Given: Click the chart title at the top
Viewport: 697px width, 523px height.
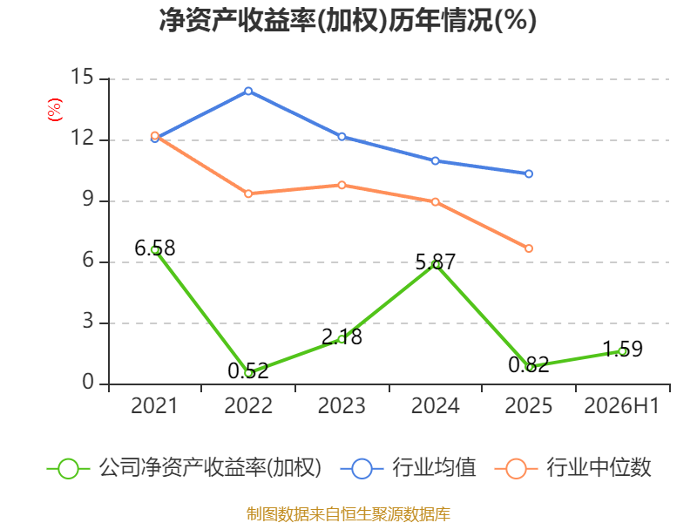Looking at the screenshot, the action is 348,20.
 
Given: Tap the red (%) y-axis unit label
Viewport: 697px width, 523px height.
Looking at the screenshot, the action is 55,110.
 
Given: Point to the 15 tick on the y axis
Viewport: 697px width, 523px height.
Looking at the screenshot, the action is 82,77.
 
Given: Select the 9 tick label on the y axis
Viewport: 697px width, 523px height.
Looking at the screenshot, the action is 88,200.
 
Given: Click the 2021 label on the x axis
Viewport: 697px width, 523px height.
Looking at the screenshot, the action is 154,405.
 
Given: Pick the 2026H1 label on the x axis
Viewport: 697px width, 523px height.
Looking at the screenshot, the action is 621,405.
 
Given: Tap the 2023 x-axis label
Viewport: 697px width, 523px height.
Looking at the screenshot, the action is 342,405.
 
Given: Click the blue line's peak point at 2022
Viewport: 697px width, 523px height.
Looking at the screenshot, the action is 248,92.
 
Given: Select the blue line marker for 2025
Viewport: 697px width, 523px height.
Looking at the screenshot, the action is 529,173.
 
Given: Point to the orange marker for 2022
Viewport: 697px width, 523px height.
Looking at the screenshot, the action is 248,194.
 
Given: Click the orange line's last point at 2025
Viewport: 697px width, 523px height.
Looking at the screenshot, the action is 529,248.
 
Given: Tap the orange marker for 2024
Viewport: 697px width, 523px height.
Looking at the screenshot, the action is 435,202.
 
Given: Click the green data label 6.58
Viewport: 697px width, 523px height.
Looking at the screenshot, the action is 155,248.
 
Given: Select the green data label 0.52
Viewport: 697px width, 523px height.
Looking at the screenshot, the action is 248,371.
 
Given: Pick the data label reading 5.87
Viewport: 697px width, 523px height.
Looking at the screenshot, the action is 435,262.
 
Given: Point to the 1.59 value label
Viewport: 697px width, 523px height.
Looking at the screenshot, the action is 622,350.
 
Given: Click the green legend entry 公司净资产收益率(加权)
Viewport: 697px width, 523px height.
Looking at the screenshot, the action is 184,468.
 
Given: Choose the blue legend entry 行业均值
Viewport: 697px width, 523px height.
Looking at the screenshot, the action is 408,468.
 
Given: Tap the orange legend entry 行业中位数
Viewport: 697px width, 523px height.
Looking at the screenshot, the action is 572,468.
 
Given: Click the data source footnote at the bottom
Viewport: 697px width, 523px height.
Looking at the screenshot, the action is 348,514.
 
